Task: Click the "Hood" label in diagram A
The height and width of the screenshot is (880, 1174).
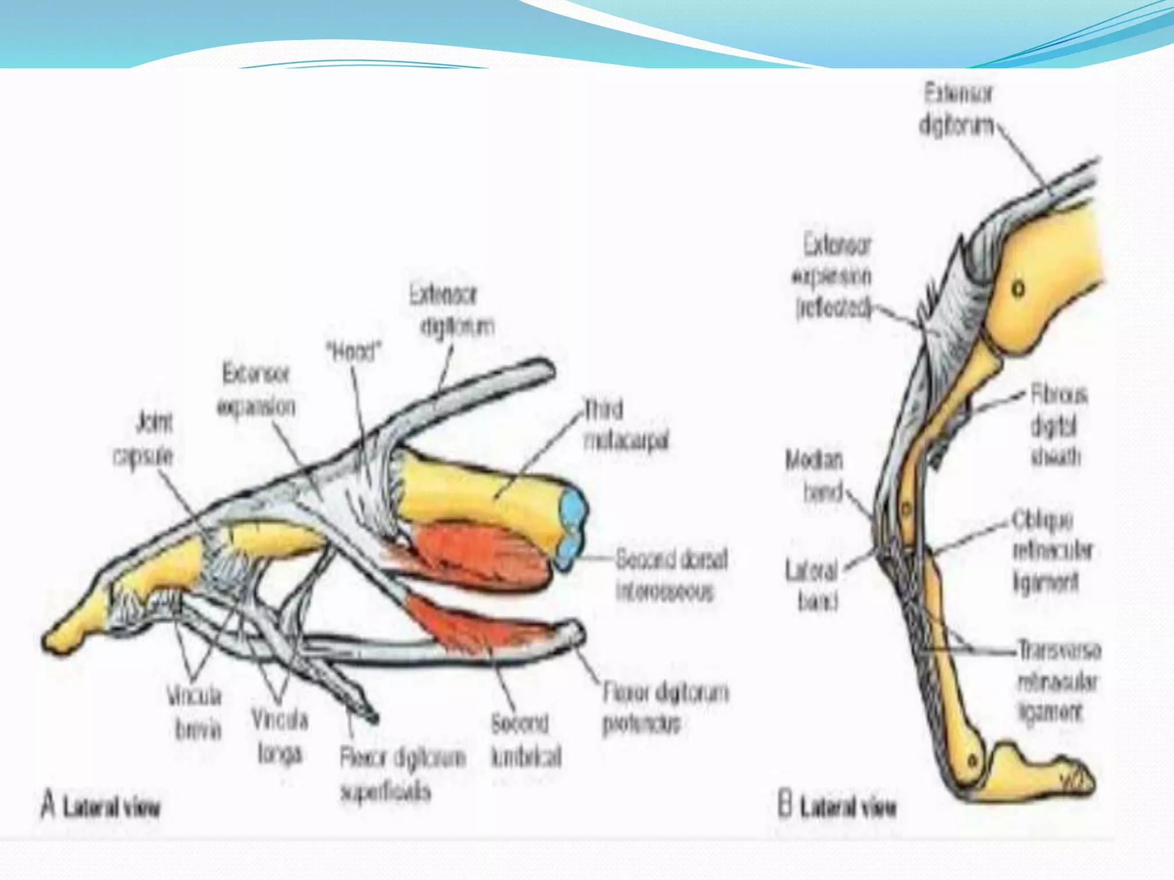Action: [x=354, y=352]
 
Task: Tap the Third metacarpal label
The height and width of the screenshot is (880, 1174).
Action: [x=626, y=425]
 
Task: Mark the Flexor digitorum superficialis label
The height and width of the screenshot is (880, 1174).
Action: [x=401, y=775]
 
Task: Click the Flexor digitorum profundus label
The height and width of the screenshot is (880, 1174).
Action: [x=665, y=708]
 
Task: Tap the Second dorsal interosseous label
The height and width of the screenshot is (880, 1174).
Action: [x=671, y=575]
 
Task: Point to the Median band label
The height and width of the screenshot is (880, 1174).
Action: [x=815, y=476]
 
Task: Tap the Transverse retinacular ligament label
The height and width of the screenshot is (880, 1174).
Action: [x=1058, y=681]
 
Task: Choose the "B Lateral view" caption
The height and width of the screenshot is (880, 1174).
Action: [x=837, y=807]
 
